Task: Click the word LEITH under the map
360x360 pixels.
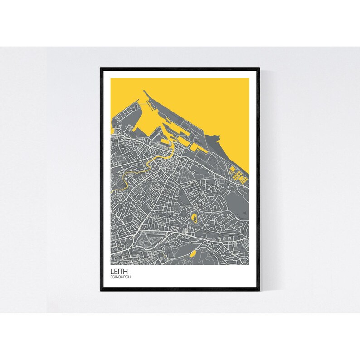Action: (x=118, y=272)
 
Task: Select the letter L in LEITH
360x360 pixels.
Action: (x=112, y=272)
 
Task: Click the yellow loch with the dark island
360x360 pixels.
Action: (x=194, y=218)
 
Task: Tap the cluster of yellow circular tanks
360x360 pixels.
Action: (x=238, y=175)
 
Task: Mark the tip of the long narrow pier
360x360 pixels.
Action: (x=144, y=92)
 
